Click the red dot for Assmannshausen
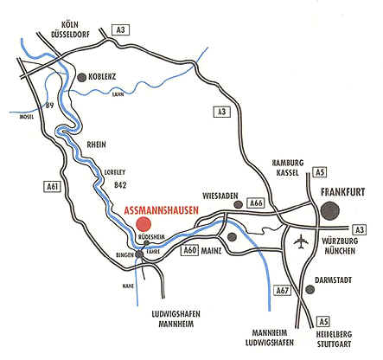[x=143, y=224]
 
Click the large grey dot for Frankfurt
[x=330, y=210]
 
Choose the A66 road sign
[x=255, y=202]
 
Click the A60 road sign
[x=191, y=251]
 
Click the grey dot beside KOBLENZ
[x=83, y=78]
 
